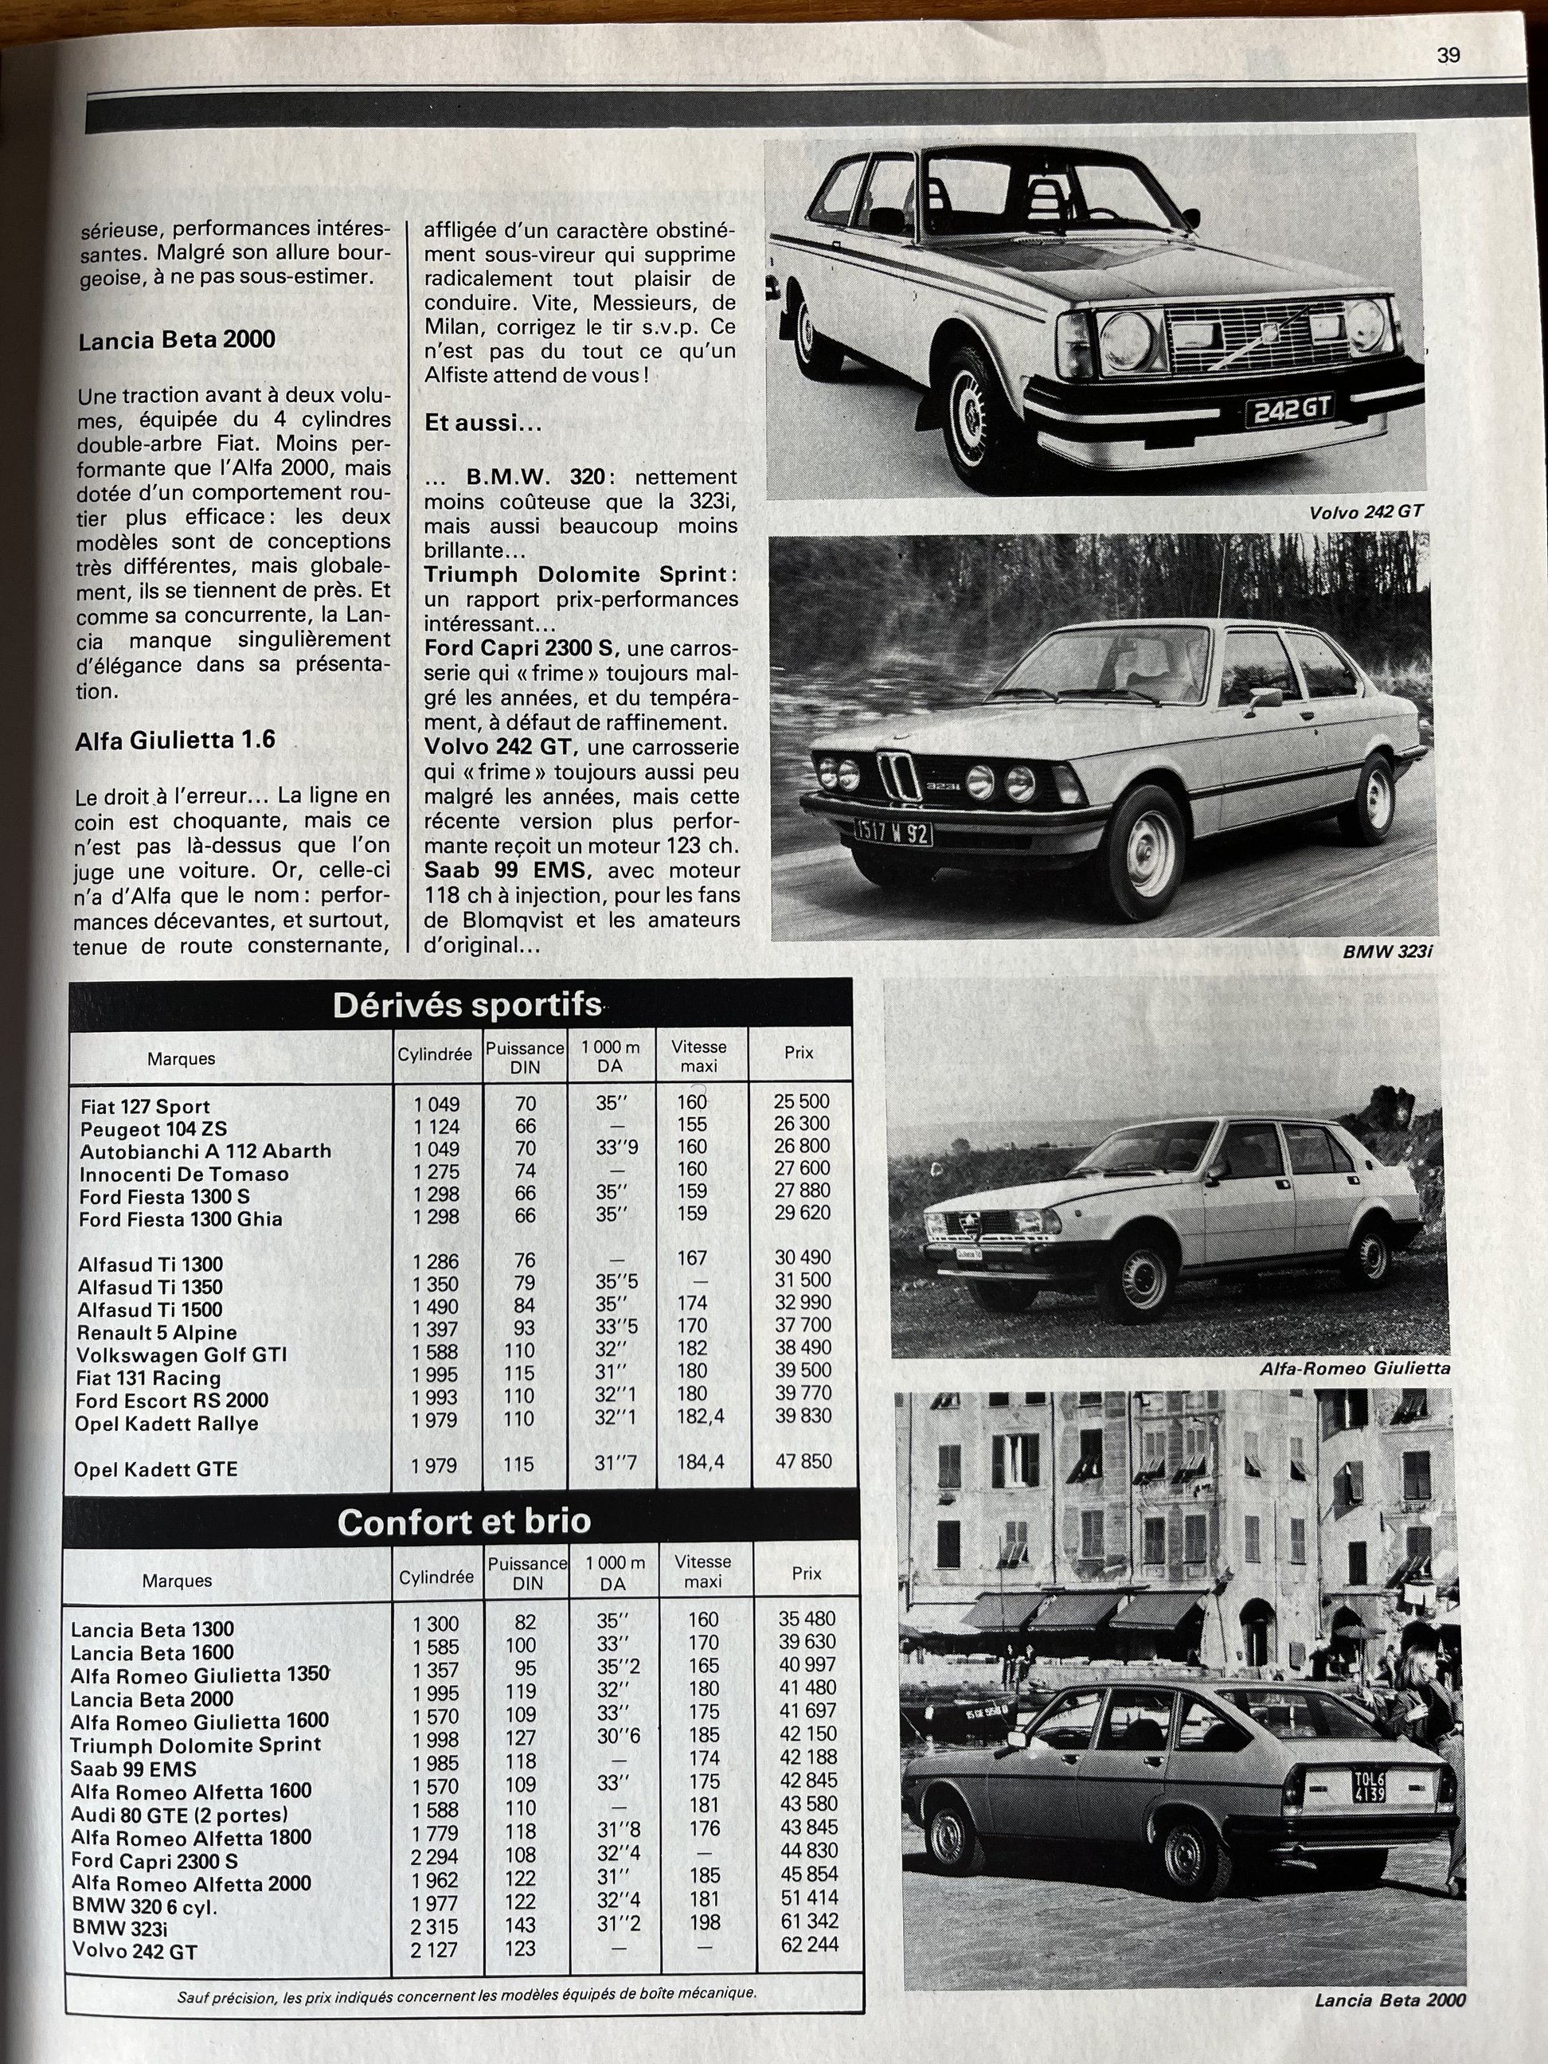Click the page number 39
pos(1448,55)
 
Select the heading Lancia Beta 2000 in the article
pos(176,340)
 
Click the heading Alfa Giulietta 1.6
pos(175,740)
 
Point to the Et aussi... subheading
pos(483,423)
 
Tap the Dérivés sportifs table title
pos(467,1005)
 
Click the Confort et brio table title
pos(463,1521)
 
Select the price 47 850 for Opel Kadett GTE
pos(803,1461)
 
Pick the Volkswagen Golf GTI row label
pos(182,1354)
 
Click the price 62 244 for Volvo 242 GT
pos(809,1945)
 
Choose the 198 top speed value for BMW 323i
pos(706,1922)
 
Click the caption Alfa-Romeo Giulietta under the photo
pos(1354,1368)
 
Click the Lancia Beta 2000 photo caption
pos(1390,1999)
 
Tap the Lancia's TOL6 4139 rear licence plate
pos(1369,1786)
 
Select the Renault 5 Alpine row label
pos(157,1332)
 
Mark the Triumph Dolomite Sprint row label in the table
pos(195,1744)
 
